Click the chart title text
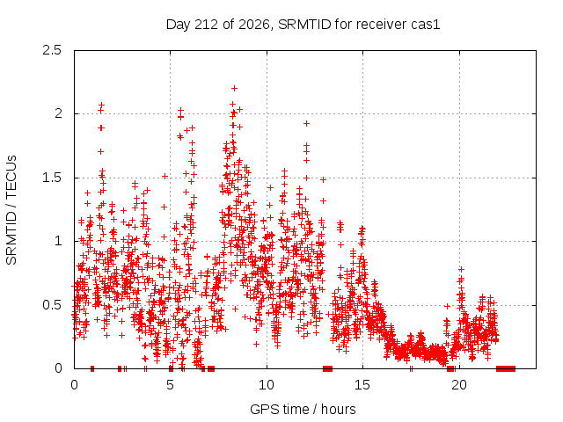[x=303, y=25]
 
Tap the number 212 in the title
[x=207, y=25]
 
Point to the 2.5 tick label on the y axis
[x=52, y=50]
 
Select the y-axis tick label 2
[x=58, y=113]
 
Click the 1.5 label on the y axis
[x=52, y=178]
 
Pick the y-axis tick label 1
[x=59, y=241]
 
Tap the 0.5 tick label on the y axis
[x=52, y=305]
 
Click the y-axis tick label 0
[x=58, y=368]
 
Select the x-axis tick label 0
[x=74, y=385]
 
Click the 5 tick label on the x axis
[x=170, y=385]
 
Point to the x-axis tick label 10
[x=267, y=385]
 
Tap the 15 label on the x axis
[x=362, y=385]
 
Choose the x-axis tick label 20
[x=459, y=385]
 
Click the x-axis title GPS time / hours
[x=303, y=410]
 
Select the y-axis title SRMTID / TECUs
[x=11, y=210]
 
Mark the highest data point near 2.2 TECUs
[x=235, y=88]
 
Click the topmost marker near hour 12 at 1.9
[x=306, y=123]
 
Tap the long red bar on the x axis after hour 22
[x=506, y=368]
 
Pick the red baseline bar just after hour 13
[x=328, y=368]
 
